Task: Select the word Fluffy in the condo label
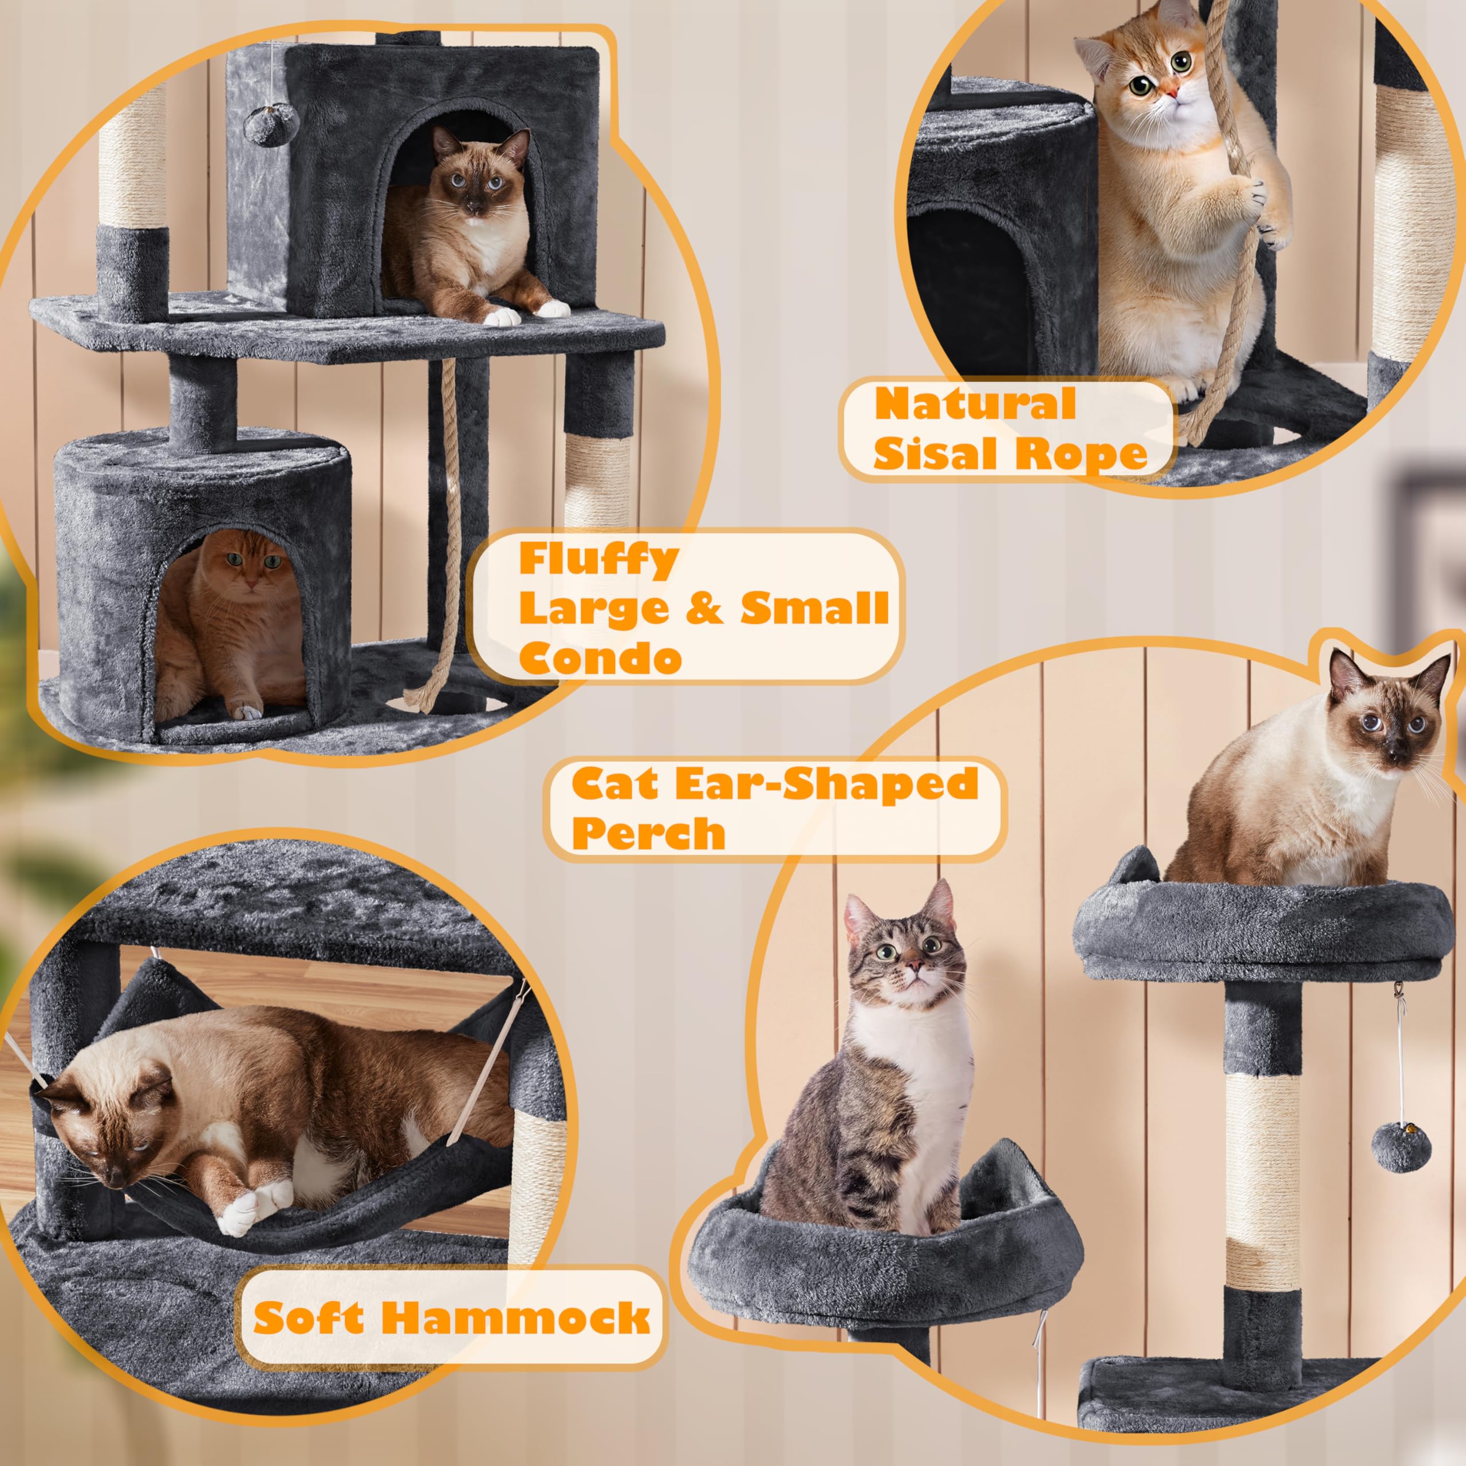click(x=598, y=560)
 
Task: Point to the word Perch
click(x=649, y=833)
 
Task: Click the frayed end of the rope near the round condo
click(x=418, y=693)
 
